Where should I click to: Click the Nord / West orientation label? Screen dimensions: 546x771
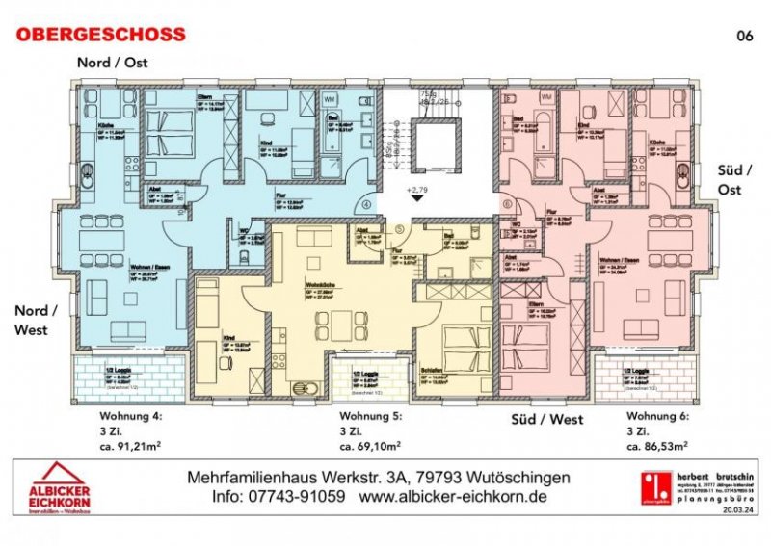[36, 319]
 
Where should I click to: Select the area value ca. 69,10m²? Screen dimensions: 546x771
[370, 446]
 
